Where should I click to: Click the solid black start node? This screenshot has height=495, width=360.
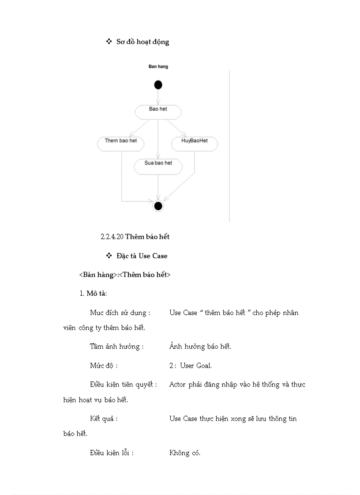click(x=158, y=85)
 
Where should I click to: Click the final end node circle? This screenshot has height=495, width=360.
click(x=158, y=205)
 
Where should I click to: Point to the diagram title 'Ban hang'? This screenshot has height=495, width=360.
click(x=158, y=67)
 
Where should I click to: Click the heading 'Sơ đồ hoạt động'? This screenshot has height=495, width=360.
click(x=142, y=42)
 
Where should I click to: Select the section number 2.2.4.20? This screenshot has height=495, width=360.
click(x=112, y=237)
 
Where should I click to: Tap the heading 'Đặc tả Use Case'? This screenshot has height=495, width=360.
click(x=142, y=256)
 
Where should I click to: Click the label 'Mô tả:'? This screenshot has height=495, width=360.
click(x=96, y=294)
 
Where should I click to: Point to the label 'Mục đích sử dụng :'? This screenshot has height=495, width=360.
click(x=120, y=313)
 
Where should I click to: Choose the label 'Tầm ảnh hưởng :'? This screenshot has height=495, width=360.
click(x=116, y=346)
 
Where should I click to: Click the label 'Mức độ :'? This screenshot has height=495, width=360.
click(x=104, y=365)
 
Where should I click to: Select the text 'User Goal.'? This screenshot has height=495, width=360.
click(x=195, y=365)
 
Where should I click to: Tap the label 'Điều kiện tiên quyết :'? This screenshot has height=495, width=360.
click(x=123, y=384)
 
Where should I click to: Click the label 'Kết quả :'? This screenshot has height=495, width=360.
click(x=104, y=418)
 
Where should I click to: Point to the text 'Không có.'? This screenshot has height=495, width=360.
click(x=185, y=453)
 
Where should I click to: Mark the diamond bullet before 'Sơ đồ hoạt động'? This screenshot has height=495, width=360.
click(x=109, y=41)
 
